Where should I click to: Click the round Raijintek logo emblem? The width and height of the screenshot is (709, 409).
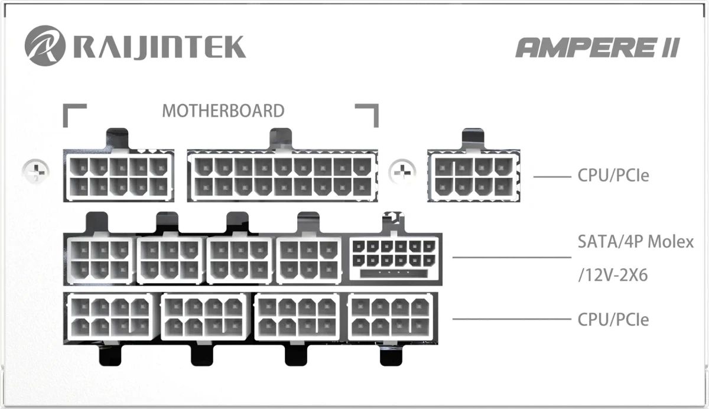coord(45,46)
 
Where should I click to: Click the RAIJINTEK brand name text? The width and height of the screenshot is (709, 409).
coord(160,47)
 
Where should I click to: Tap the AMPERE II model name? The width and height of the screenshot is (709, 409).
coord(597,47)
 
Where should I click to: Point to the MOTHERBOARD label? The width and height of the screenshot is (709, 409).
coord(223,111)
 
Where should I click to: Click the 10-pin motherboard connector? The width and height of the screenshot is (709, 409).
coord(119,175)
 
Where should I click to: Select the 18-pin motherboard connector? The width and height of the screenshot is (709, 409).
coord(282,176)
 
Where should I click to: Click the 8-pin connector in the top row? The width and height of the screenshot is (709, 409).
coord(474,176)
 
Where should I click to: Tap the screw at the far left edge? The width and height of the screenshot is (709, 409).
coord(36,171)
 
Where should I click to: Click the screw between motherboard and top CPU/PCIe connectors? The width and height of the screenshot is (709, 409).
coord(402,172)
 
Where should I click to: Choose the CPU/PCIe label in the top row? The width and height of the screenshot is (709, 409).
coord(613,175)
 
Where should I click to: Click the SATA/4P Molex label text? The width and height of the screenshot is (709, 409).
coord(636,242)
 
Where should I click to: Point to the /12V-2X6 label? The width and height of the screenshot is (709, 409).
coord(613,275)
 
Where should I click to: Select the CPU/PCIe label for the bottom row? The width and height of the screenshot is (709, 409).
coord(613,319)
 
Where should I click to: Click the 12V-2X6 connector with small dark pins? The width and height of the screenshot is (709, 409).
coord(394,259)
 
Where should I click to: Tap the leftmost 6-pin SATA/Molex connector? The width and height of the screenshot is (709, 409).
coord(100,260)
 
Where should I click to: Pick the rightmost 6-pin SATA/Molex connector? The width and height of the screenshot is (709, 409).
coord(308,260)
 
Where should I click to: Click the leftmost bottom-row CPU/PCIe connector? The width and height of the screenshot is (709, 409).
coord(110,317)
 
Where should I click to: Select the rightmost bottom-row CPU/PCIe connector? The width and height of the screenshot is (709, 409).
coord(391,317)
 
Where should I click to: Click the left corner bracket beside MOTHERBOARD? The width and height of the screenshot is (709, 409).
coord(74,115)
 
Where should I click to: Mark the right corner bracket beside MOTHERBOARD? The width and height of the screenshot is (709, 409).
coord(367,115)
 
